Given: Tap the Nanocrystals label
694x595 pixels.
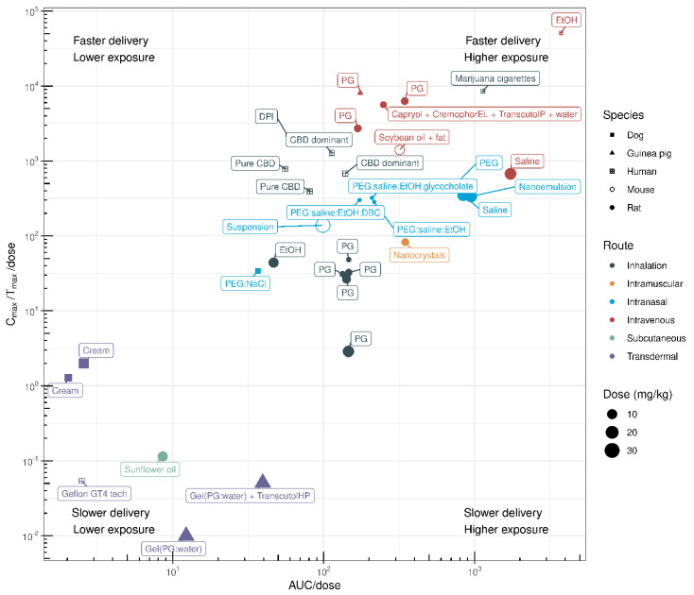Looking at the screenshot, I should [419, 255].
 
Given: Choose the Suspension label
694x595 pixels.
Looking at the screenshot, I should [250, 227].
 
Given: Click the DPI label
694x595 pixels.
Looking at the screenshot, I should [266, 117].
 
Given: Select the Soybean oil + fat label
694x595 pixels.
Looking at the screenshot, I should [412, 137].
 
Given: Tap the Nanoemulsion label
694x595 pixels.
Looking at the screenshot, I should [547, 187].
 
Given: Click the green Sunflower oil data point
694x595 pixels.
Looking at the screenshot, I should [163, 456].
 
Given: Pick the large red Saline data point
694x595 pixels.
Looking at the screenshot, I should [511, 174].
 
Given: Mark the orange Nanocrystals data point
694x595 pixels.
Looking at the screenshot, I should [406, 243].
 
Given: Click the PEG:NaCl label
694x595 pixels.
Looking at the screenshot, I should [245, 282].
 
